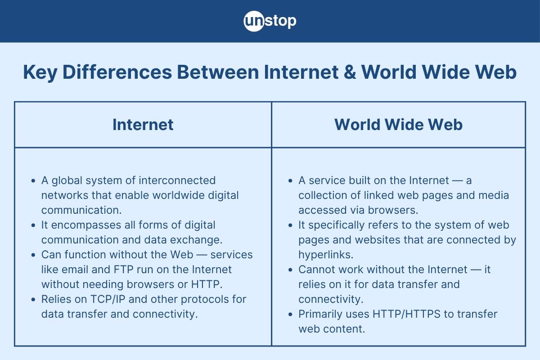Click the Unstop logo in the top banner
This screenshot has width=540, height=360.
tap(270, 21)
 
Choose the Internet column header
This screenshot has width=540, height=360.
tap(143, 125)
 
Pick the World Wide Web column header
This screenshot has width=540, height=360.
tap(398, 125)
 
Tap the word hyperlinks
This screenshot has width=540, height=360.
tap(325, 254)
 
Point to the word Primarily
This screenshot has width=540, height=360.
tap(320, 314)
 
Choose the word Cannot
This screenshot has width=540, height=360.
tap(315, 269)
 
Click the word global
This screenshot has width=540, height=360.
tap(66, 180)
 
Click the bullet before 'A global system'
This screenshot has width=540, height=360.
tap(33, 180)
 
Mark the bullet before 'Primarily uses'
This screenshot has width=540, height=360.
tap(290, 314)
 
